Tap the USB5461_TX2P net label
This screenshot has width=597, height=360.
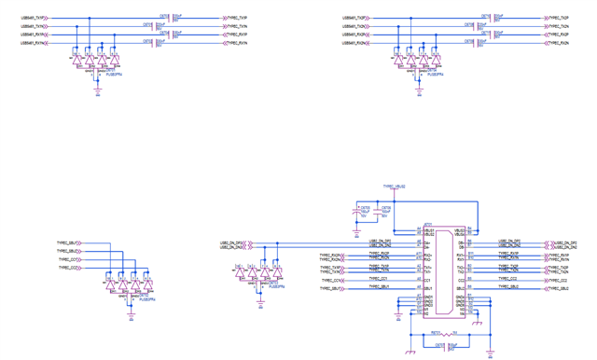point(359,18)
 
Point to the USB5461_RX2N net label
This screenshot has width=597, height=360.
point(359,43)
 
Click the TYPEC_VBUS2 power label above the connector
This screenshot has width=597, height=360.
point(394,187)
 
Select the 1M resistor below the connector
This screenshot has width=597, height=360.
point(448,334)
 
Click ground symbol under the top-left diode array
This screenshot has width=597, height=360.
point(97,92)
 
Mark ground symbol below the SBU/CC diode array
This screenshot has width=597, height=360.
point(130,315)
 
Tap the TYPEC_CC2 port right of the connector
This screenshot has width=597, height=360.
point(507,279)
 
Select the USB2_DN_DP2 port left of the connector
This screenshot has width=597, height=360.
point(232,242)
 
